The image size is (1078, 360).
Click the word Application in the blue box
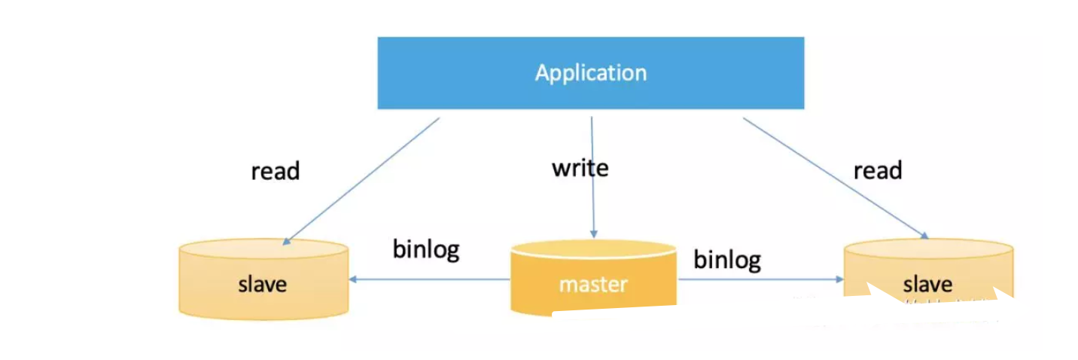point(590,73)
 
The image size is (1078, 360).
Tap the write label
point(580,167)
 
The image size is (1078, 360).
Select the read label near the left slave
point(276,171)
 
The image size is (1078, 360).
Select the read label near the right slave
point(877,171)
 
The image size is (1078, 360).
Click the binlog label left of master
point(426,249)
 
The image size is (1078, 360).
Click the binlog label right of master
point(727,260)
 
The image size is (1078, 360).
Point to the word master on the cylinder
point(592,285)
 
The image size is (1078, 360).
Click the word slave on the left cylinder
point(263,285)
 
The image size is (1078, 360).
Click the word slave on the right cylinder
point(927,285)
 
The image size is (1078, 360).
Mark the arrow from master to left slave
point(429,279)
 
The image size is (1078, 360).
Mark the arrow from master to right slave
point(760,279)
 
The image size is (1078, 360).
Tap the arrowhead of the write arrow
point(594,233)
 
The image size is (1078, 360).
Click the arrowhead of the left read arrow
point(285,240)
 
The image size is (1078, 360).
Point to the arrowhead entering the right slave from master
point(839,279)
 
